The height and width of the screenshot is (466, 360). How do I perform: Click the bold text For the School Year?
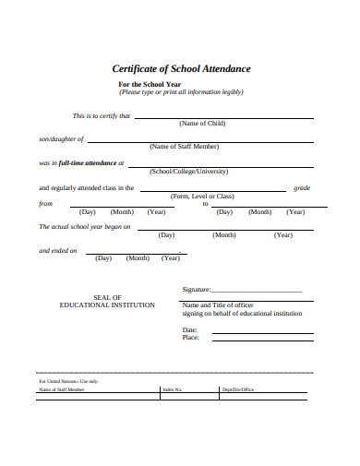click(151, 84)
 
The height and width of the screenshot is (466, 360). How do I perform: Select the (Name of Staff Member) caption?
click(184, 146)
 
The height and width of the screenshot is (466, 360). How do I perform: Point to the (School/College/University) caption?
click(189, 171)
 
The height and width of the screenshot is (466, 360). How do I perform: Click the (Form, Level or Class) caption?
click(202, 196)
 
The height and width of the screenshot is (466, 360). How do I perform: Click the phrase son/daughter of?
click(61, 139)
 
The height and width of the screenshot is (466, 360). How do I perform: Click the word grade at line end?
click(302, 187)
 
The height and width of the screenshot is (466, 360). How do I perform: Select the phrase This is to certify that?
click(102, 116)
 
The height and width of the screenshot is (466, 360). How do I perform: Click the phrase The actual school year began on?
click(84, 226)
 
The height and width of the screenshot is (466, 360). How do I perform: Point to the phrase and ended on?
click(57, 250)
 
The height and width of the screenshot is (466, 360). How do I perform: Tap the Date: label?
click(190, 329)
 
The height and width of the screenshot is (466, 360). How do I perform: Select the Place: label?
click(191, 338)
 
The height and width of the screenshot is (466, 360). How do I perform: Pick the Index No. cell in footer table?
click(173, 389)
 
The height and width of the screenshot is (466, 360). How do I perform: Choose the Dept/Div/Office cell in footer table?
click(237, 389)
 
